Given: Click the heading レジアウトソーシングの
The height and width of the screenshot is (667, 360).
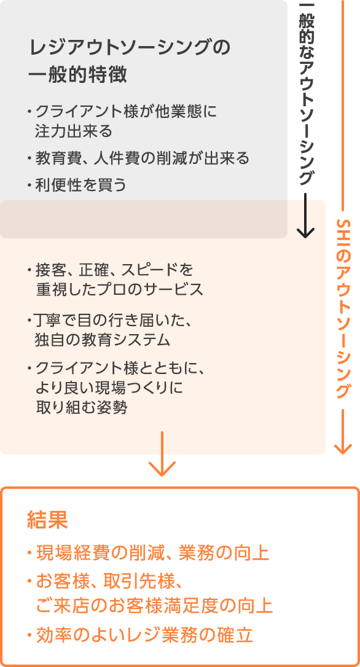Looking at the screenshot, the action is (x=129, y=48).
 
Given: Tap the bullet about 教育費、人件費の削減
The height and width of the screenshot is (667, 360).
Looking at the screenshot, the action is (x=138, y=158).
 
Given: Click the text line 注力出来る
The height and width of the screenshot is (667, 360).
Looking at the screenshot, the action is (x=74, y=131).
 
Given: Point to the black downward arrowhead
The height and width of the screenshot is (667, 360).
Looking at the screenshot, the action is (x=305, y=232).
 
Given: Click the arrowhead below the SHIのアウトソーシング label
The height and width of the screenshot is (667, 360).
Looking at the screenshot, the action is (x=343, y=448).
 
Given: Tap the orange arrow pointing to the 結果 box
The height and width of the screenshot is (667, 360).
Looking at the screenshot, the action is (x=162, y=453).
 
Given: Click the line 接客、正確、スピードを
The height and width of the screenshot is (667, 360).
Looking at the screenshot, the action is (x=110, y=270).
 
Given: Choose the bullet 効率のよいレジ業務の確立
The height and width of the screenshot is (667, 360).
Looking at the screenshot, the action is (x=140, y=635).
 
